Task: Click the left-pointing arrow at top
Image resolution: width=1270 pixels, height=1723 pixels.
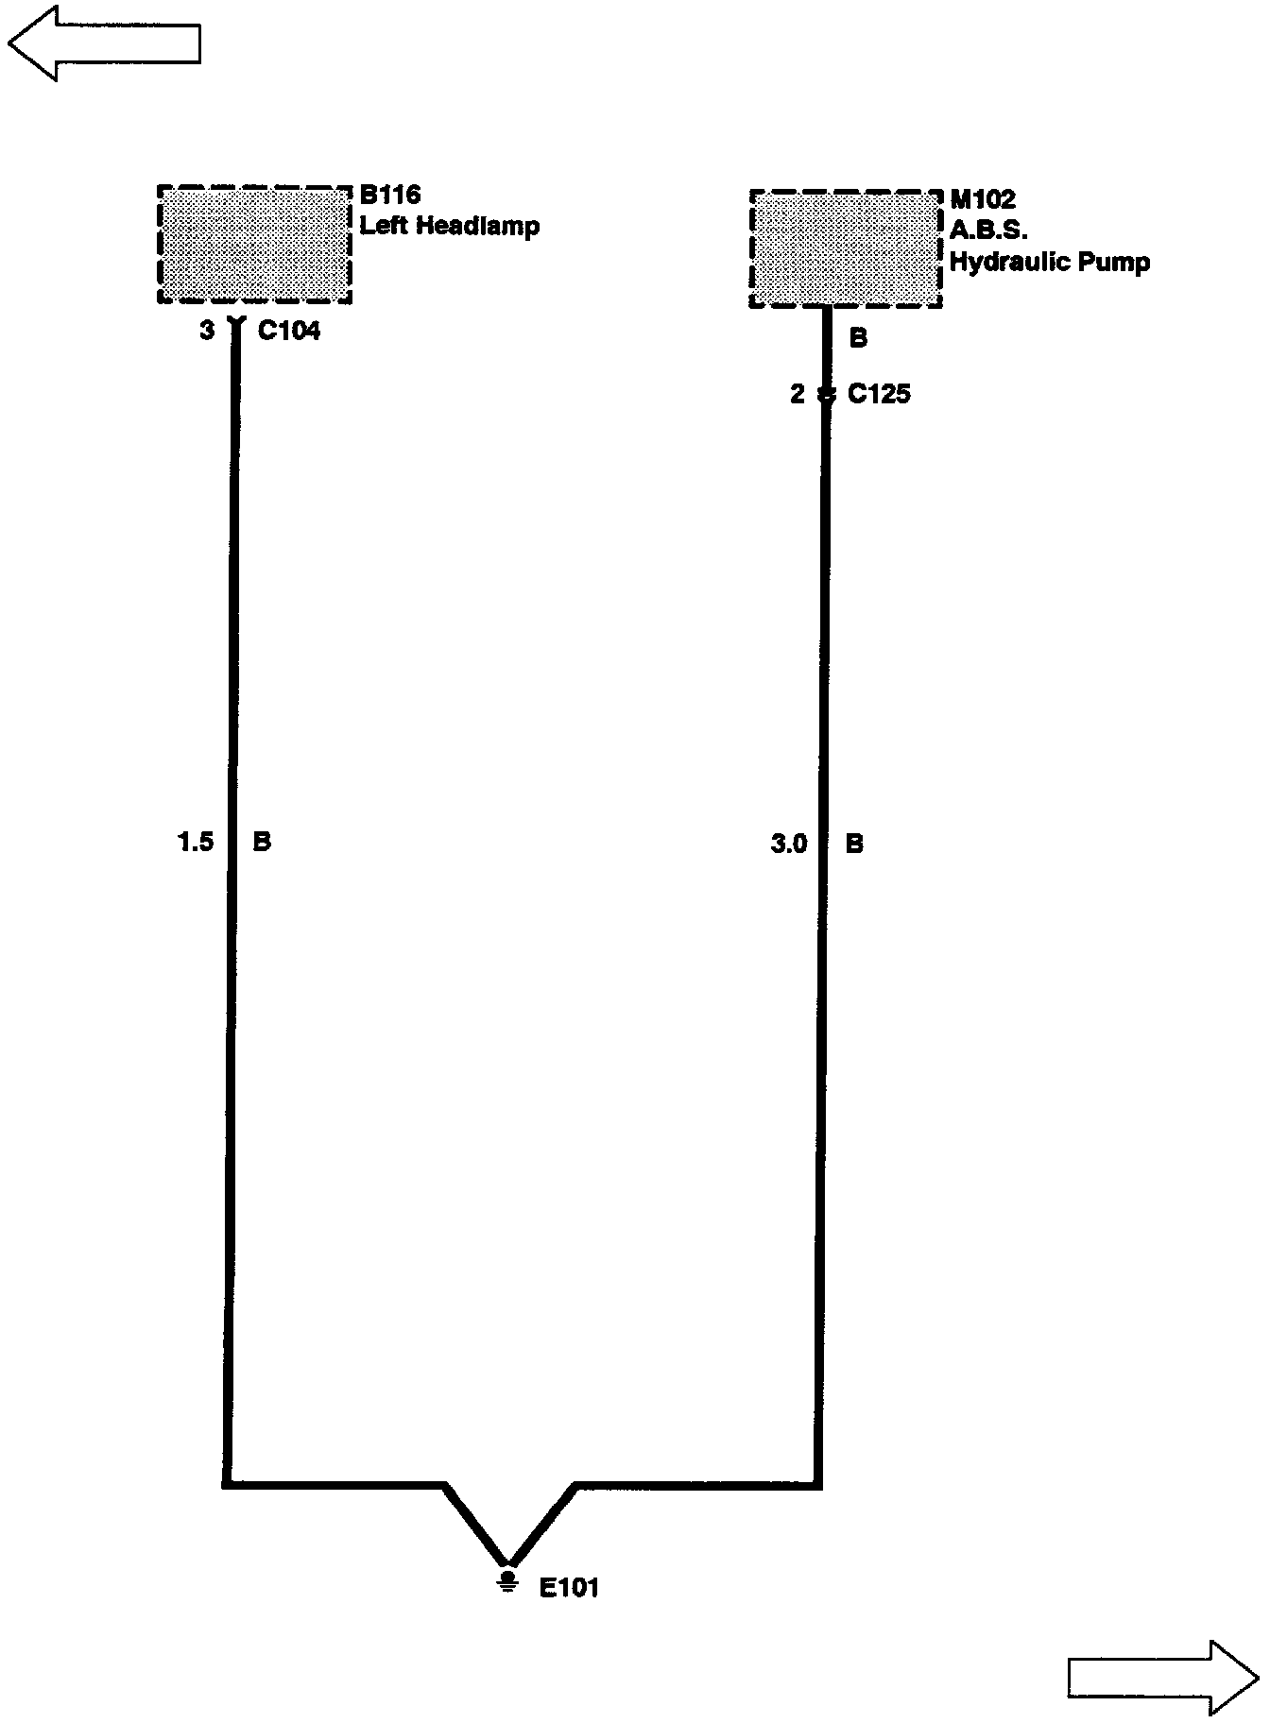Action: pos(104,43)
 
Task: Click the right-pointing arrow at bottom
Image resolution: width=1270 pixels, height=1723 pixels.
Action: pos(1163,1677)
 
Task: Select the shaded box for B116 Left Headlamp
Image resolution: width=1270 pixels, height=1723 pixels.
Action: pos(254,245)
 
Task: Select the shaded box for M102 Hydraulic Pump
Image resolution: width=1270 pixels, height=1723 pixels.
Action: pos(846,249)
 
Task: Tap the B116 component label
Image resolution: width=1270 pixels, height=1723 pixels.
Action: pos(390,196)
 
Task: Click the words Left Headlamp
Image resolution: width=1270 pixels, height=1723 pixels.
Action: pos(450,227)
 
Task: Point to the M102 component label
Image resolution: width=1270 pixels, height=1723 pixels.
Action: pos(983,199)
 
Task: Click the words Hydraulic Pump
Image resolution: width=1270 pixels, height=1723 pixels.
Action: pos(1050,263)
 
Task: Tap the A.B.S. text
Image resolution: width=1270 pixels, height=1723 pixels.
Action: pos(988,230)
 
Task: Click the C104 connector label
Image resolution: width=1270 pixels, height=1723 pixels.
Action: pos(289,332)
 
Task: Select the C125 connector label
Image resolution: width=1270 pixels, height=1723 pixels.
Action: pos(879,394)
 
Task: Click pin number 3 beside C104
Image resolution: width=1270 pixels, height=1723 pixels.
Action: pos(208,332)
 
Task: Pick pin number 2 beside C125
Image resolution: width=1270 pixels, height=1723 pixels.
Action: pos(798,394)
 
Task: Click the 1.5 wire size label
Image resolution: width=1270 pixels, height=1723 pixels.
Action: pos(197,842)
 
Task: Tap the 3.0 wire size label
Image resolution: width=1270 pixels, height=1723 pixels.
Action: pos(789,844)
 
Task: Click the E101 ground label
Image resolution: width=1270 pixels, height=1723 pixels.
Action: pos(569,1588)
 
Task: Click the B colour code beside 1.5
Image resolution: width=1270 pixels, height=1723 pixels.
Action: pos(262,842)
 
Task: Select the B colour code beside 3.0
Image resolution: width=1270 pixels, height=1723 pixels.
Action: pos(854,844)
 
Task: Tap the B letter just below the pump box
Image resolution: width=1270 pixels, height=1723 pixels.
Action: pos(858,338)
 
